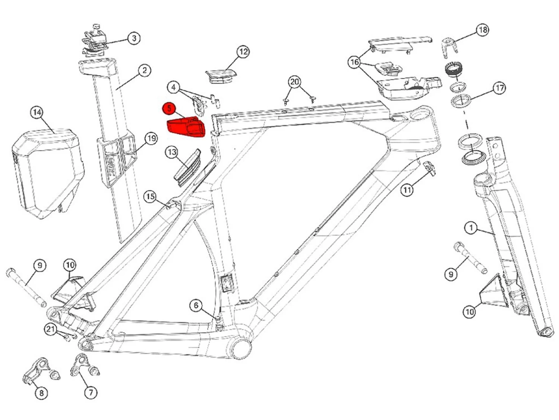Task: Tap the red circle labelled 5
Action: coord(169,109)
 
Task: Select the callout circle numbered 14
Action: coord(37,112)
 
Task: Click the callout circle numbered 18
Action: coord(483,30)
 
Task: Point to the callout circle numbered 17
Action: coord(499,88)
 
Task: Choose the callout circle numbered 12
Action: coord(243,52)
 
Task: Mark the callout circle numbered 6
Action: coord(196,306)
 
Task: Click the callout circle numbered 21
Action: coord(51,329)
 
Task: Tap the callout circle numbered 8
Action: coord(41,393)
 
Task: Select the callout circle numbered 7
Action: coord(91,392)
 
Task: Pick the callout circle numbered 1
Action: coord(471,227)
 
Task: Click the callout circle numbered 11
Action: coord(407,190)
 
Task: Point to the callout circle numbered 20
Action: coord(294,82)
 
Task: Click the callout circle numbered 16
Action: coord(354,62)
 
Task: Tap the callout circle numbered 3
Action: coord(134,38)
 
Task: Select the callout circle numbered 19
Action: coord(151,139)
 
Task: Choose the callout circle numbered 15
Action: coord(150,197)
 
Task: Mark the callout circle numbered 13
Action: coord(172,152)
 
